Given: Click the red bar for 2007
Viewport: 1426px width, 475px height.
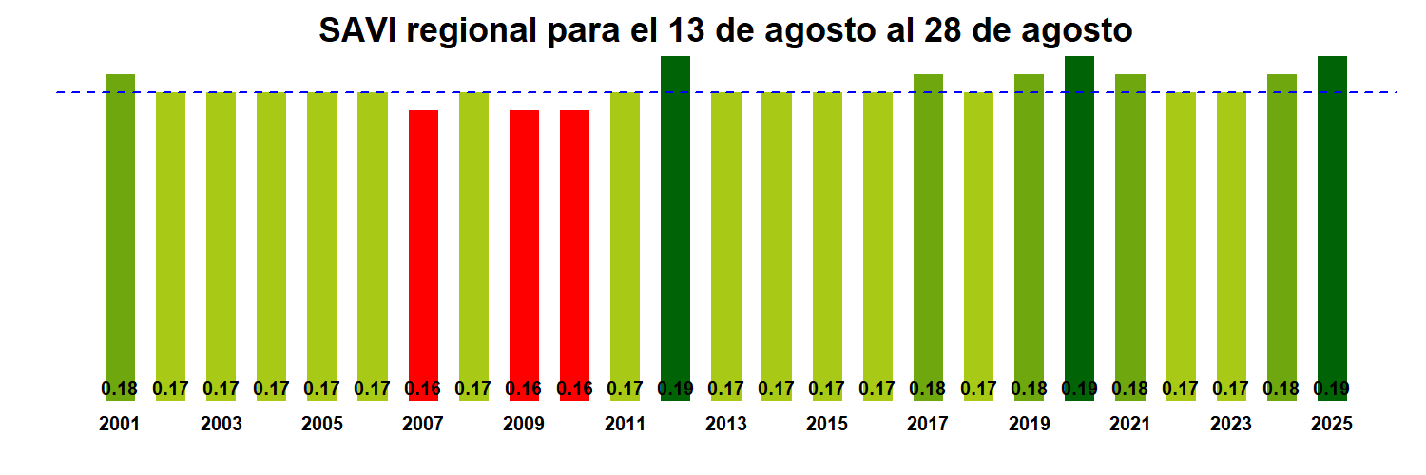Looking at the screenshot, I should point(423,247).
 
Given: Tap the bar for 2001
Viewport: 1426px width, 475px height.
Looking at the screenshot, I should point(120,228).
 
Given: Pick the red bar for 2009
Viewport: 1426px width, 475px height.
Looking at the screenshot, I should point(524,247).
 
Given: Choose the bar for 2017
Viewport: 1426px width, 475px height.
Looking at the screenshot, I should point(928,228).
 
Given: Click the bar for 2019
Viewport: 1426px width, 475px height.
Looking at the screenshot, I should point(1029,228).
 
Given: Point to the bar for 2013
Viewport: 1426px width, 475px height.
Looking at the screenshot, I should point(726,237).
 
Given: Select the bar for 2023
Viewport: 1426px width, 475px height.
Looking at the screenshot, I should point(1231,237).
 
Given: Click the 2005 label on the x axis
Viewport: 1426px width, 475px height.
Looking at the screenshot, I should point(322,425).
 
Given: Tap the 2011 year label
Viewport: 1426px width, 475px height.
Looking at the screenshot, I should point(625,425).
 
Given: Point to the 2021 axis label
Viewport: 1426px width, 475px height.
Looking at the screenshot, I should point(1129,425).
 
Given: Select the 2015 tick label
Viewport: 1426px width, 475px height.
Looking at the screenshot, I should point(827,425).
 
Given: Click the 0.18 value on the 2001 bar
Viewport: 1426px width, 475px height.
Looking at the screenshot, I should point(120,389).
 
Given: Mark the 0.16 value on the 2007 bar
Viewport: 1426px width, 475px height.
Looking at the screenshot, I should point(423,389).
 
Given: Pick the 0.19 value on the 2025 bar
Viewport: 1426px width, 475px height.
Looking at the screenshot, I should point(1332,389).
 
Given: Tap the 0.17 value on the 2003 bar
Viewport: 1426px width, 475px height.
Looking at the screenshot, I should point(221,389).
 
